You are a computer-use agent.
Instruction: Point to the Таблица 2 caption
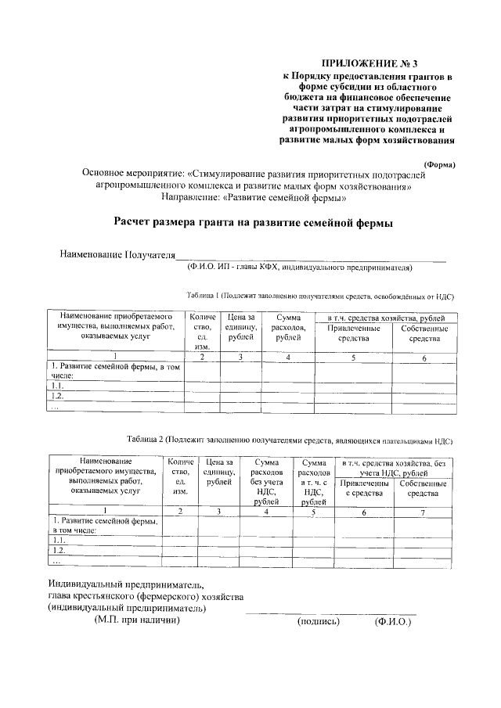(x=290, y=440)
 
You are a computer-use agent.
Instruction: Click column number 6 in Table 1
(x=424, y=358)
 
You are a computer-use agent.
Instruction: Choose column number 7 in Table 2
(x=423, y=511)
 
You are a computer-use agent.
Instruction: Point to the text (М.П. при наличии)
(x=137, y=620)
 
